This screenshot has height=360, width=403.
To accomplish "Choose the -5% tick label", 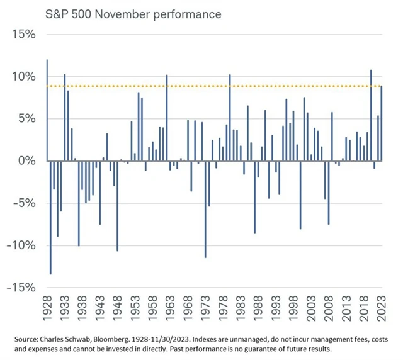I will pyautogui.click(x=21, y=203).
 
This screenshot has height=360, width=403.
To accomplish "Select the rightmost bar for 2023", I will pyautogui.click(x=380, y=123).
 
